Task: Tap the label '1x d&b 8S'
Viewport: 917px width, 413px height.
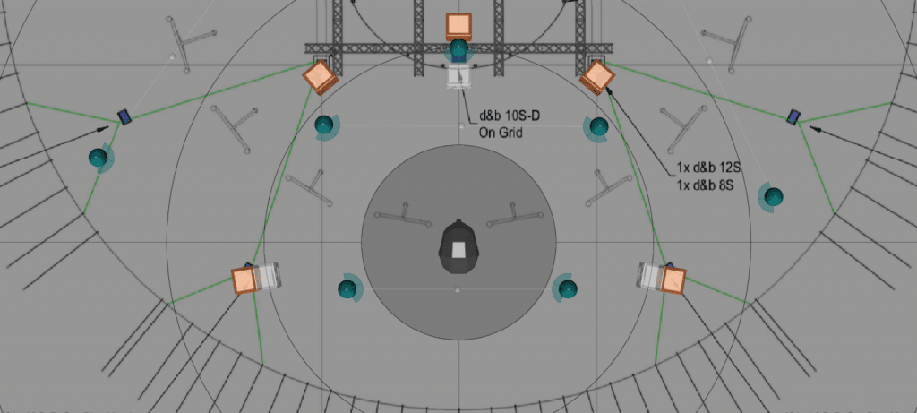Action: point(706,186)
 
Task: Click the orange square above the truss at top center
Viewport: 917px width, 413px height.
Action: point(458,26)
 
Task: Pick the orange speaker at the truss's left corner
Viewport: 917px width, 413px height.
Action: point(320,77)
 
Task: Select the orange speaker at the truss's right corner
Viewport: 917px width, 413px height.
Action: point(597,77)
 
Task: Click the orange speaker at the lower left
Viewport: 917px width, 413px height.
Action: point(244,280)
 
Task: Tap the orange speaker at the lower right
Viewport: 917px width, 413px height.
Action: point(673,280)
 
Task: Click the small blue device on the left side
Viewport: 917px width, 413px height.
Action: point(124,117)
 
